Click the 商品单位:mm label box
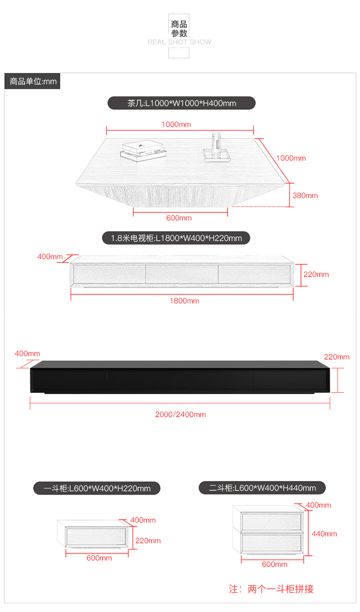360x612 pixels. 33,82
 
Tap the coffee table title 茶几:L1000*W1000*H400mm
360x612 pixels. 181,103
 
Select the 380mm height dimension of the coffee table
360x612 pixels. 305,196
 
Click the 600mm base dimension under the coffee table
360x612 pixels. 179,218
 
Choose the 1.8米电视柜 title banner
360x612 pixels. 176,238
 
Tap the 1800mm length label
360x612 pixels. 184,301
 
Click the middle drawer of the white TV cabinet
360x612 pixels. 181,273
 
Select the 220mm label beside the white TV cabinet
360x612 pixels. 316,274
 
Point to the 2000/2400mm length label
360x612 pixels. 180,414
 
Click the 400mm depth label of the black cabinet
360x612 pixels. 27,353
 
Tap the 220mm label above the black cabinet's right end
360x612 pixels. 336,357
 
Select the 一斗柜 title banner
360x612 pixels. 96,489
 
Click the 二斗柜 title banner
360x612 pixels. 263,488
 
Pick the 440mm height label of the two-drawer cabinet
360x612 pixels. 324,534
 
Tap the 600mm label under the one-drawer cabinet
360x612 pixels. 99,558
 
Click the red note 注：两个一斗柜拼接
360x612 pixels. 271,589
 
